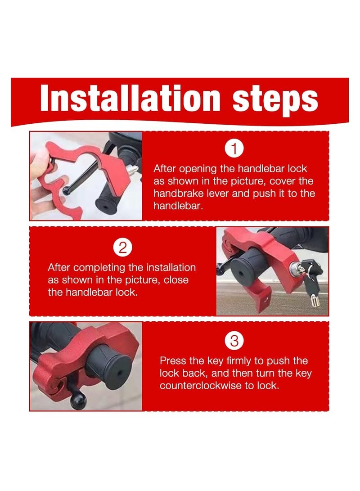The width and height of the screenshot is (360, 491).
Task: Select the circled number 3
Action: tap(234, 342)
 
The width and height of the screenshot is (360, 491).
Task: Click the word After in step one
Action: tap(166, 169)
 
